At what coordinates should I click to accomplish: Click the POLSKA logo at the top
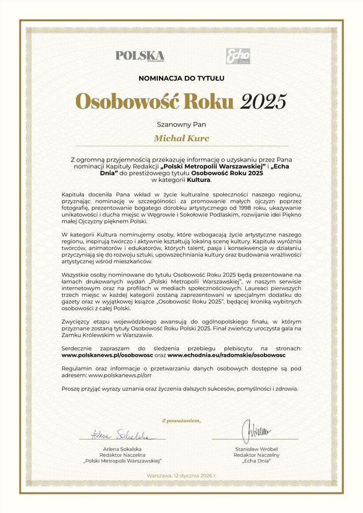coord(140,56)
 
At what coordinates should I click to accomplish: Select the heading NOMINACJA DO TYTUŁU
coord(182,78)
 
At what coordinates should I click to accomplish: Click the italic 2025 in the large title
coord(263,101)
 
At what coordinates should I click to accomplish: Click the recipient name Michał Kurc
coord(182,138)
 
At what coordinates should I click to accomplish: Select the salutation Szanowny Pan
coord(182,123)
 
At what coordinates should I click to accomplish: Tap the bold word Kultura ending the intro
coord(199,179)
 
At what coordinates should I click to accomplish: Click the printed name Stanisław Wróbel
coord(257,449)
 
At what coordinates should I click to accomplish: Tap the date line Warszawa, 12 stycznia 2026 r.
coord(182,475)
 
